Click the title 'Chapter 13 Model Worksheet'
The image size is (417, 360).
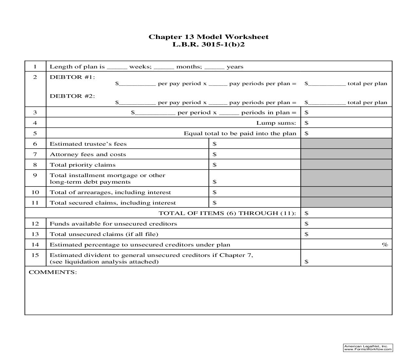point(208,37)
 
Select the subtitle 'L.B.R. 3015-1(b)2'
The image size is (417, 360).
point(208,44)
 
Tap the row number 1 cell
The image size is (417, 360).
point(35,66)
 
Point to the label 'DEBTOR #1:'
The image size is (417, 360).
point(72,77)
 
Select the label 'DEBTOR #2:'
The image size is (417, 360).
point(72,96)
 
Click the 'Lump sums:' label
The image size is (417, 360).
point(276,123)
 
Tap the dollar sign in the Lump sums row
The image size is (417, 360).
point(306,123)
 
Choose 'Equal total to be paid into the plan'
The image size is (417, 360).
point(240,134)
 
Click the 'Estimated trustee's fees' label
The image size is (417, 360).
point(88,144)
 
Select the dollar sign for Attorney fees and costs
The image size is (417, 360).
point(215,154)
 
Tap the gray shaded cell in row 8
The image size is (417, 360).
point(346,165)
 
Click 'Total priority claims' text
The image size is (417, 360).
point(82,165)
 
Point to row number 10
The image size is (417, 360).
point(35,192)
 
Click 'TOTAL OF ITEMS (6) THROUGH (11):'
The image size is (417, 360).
point(227,213)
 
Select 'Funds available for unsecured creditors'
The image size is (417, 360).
point(113,224)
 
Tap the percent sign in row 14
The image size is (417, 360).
point(385,245)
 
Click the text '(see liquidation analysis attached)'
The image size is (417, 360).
point(104,262)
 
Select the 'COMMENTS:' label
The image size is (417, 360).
point(53,272)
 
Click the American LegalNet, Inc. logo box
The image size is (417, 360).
point(368,348)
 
